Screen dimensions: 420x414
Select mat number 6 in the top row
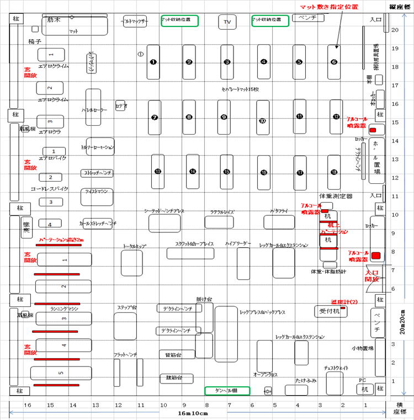334,62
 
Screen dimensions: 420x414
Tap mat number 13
158,172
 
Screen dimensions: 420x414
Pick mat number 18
335,172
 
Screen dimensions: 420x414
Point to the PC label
363,380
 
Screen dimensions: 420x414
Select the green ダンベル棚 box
227,391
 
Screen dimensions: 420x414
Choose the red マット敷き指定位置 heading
329,7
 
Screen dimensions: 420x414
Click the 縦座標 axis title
400,7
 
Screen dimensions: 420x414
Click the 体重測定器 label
335,196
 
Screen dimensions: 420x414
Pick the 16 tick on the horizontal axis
28,405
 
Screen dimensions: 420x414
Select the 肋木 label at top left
54,19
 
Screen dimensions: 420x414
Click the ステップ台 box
125,326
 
